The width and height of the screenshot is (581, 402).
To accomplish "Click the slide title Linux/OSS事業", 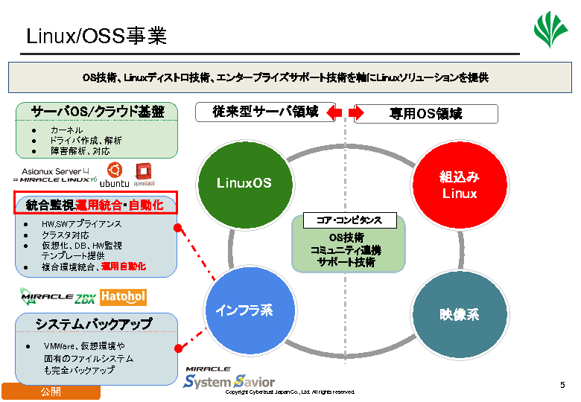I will [x=96, y=36].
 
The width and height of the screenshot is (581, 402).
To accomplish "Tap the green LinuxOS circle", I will [x=244, y=182].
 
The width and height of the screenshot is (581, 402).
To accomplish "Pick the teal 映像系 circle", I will [x=459, y=313].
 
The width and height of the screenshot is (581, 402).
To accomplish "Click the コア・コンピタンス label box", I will [x=349, y=220].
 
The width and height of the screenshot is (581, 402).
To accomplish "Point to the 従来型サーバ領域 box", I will [x=265, y=112].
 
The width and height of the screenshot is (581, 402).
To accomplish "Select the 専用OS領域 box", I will [x=425, y=114].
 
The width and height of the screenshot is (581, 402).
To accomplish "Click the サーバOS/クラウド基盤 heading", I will [x=97, y=112].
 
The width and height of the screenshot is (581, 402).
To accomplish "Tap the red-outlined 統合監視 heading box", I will [x=94, y=202].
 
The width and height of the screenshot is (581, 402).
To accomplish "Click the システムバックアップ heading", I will [x=94, y=324].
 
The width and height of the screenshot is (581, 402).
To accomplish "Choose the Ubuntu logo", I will [x=115, y=175].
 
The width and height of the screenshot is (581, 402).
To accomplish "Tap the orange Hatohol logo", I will [x=123, y=297].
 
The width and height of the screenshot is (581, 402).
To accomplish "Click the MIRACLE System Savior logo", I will [x=229, y=377].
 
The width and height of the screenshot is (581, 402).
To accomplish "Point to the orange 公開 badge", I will [x=51, y=392].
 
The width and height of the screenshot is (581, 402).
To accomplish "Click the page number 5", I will [x=562, y=385].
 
